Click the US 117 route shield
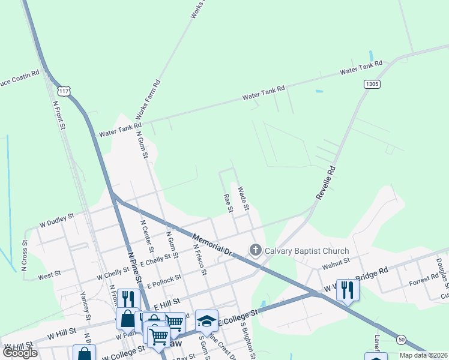pos(63,91)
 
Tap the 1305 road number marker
pos(372,85)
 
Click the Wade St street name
pos(243,199)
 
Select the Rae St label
pos(228,203)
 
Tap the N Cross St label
pos(25,256)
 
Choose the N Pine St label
pos(133,268)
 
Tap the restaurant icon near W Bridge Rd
pos(348,289)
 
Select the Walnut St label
pos(336,262)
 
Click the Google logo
pos(19,353)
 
